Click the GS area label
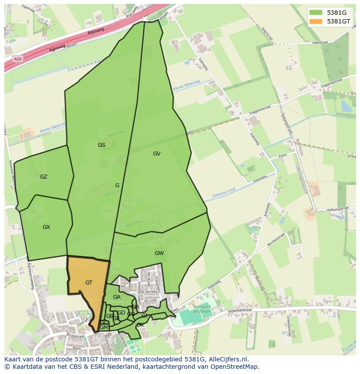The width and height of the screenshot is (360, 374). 101,145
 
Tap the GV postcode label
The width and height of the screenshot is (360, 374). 157,154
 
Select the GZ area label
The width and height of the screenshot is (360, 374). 43,177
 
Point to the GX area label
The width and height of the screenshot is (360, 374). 46,227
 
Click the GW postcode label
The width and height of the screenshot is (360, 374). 159,253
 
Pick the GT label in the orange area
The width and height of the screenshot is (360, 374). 89,283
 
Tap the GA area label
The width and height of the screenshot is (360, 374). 117,297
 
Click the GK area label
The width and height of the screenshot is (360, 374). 140,325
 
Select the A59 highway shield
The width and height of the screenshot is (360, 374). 17,59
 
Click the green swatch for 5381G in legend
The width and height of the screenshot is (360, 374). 316,12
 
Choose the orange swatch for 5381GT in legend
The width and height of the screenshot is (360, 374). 316,21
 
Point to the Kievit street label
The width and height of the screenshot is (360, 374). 283,155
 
